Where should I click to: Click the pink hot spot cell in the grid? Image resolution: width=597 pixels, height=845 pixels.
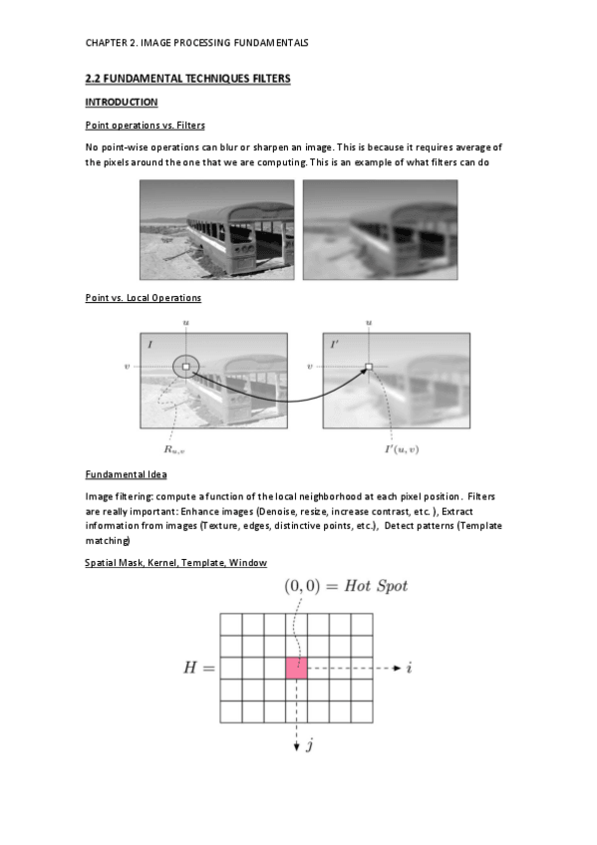click(296, 668)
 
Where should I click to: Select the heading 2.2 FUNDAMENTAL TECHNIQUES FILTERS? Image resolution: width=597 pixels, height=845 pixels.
click(187, 79)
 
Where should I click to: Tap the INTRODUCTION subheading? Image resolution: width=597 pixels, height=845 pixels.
click(122, 102)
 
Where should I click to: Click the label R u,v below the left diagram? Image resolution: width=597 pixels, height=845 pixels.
click(174, 449)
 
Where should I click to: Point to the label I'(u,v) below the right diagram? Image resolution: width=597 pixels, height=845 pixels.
click(402, 448)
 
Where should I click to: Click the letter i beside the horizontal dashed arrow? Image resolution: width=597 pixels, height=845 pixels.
click(410, 668)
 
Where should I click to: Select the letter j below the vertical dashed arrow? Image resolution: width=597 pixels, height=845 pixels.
click(310, 744)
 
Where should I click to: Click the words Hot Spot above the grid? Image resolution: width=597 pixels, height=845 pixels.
click(376, 586)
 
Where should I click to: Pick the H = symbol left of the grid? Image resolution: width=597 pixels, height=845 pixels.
click(198, 668)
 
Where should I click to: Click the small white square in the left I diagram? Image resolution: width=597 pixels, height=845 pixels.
click(186, 367)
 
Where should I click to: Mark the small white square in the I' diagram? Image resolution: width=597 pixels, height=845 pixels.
click(369, 367)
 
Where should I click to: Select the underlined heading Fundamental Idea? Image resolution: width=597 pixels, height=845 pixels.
click(127, 474)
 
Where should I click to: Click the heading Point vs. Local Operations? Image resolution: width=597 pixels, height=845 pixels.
click(144, 298)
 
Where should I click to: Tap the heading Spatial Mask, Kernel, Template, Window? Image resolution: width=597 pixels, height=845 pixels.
click(175, 563)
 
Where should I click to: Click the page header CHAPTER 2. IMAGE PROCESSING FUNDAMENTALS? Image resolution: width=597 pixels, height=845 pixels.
click(196, 43)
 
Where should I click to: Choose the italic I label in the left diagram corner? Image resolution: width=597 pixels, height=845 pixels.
click(149, 344)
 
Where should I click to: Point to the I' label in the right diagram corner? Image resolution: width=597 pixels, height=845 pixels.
click(334, 344)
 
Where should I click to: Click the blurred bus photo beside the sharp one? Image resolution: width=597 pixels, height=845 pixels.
click(381, 229)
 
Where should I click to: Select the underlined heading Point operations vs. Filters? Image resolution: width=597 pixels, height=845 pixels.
click(145, 125)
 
